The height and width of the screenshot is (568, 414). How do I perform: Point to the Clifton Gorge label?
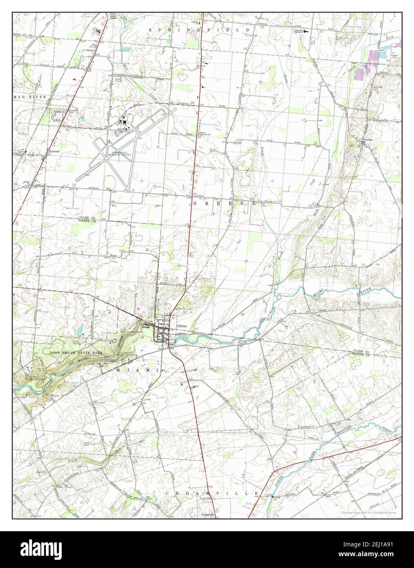tap(145, 326)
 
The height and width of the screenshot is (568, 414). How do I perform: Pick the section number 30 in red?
tap(260, 82)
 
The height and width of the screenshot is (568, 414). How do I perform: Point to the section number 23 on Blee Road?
tap(315, 143)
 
